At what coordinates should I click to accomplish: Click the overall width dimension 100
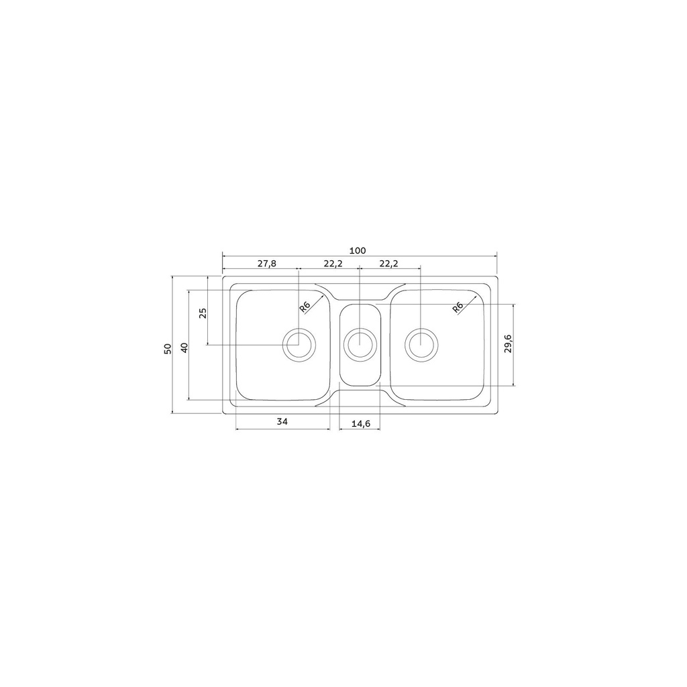coord(358,251)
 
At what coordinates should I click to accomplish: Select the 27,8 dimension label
coord(267,263)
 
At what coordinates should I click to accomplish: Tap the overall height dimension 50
coord(166,349)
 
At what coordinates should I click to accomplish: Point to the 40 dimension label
coord(184,348)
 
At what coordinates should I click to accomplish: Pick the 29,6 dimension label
coord(509,343)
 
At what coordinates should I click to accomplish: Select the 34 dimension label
coord(282,421)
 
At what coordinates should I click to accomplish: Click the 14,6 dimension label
coord(360,424)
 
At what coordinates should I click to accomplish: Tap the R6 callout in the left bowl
coord(305,307)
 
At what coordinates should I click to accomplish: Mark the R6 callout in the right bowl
coord(458,307)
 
